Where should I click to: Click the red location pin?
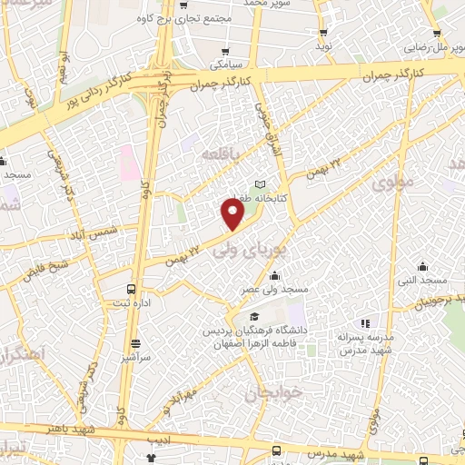pos(233,213)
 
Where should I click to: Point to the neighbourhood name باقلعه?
pos(223,153)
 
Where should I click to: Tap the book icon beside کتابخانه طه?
pos(262,183)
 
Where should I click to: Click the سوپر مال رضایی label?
pos(434,43)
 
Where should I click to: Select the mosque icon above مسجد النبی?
pos(422,267)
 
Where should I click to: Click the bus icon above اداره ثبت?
pos(134,289)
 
